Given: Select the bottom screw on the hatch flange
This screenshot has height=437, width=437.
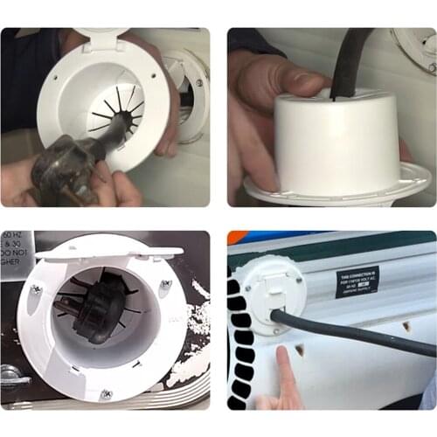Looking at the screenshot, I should click(x=106, y=394).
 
